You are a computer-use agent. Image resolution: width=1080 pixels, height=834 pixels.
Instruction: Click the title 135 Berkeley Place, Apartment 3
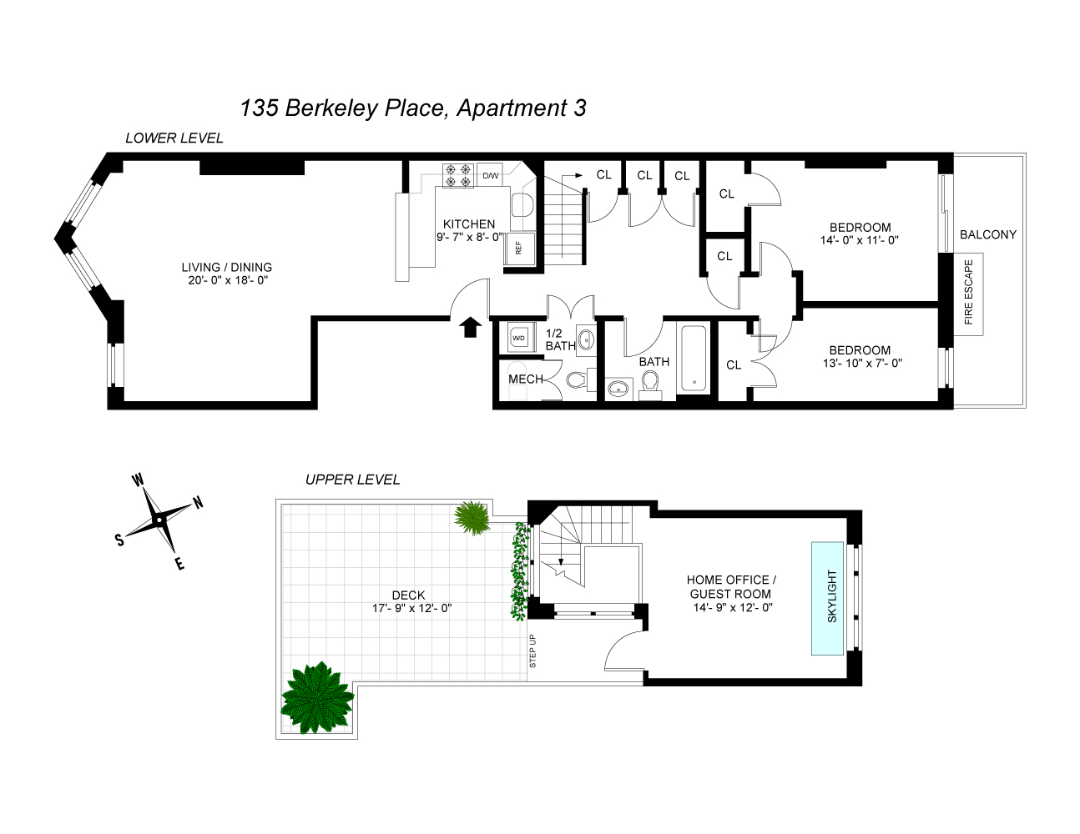click(x=413, y=108)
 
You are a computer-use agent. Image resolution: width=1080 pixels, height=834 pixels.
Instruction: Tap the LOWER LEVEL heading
click(x=174, y=138)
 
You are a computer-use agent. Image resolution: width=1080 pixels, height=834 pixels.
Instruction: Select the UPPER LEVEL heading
click(x=352, y=480)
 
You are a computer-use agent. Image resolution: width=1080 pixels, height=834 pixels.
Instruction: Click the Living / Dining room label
click(x=227, y=268)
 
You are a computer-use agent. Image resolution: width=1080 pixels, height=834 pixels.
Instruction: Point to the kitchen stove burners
click(x=457, y=175)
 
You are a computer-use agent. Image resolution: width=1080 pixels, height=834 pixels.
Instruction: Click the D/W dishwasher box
click(x=491, y=175)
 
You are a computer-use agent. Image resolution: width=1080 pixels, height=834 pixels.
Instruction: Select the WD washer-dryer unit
click(x=519, y=338)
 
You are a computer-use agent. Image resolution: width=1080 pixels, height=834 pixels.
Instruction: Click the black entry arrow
click(x=470, y=327)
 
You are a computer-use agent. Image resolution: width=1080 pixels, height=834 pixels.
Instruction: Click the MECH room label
click(x=526, y=379)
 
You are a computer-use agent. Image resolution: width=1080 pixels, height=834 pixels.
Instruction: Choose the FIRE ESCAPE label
click(x=969, y=292)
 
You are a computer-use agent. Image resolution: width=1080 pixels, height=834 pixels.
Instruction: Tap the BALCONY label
click(x=988, y=234)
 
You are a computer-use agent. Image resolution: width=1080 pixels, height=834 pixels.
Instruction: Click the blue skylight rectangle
click(x=831, y=598)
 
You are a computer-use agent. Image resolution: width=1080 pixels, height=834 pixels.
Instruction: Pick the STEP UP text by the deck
click(x=533, y=651)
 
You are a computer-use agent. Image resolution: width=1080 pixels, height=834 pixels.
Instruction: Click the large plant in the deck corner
click(x=317, y=697)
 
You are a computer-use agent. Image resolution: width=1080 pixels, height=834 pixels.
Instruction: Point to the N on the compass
click(x=198, y=502)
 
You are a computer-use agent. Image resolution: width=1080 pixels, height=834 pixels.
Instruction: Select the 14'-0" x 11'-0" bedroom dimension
click(x=860, y=240)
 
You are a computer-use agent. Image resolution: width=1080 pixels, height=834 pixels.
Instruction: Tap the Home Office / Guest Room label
click(x=731, y=586)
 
